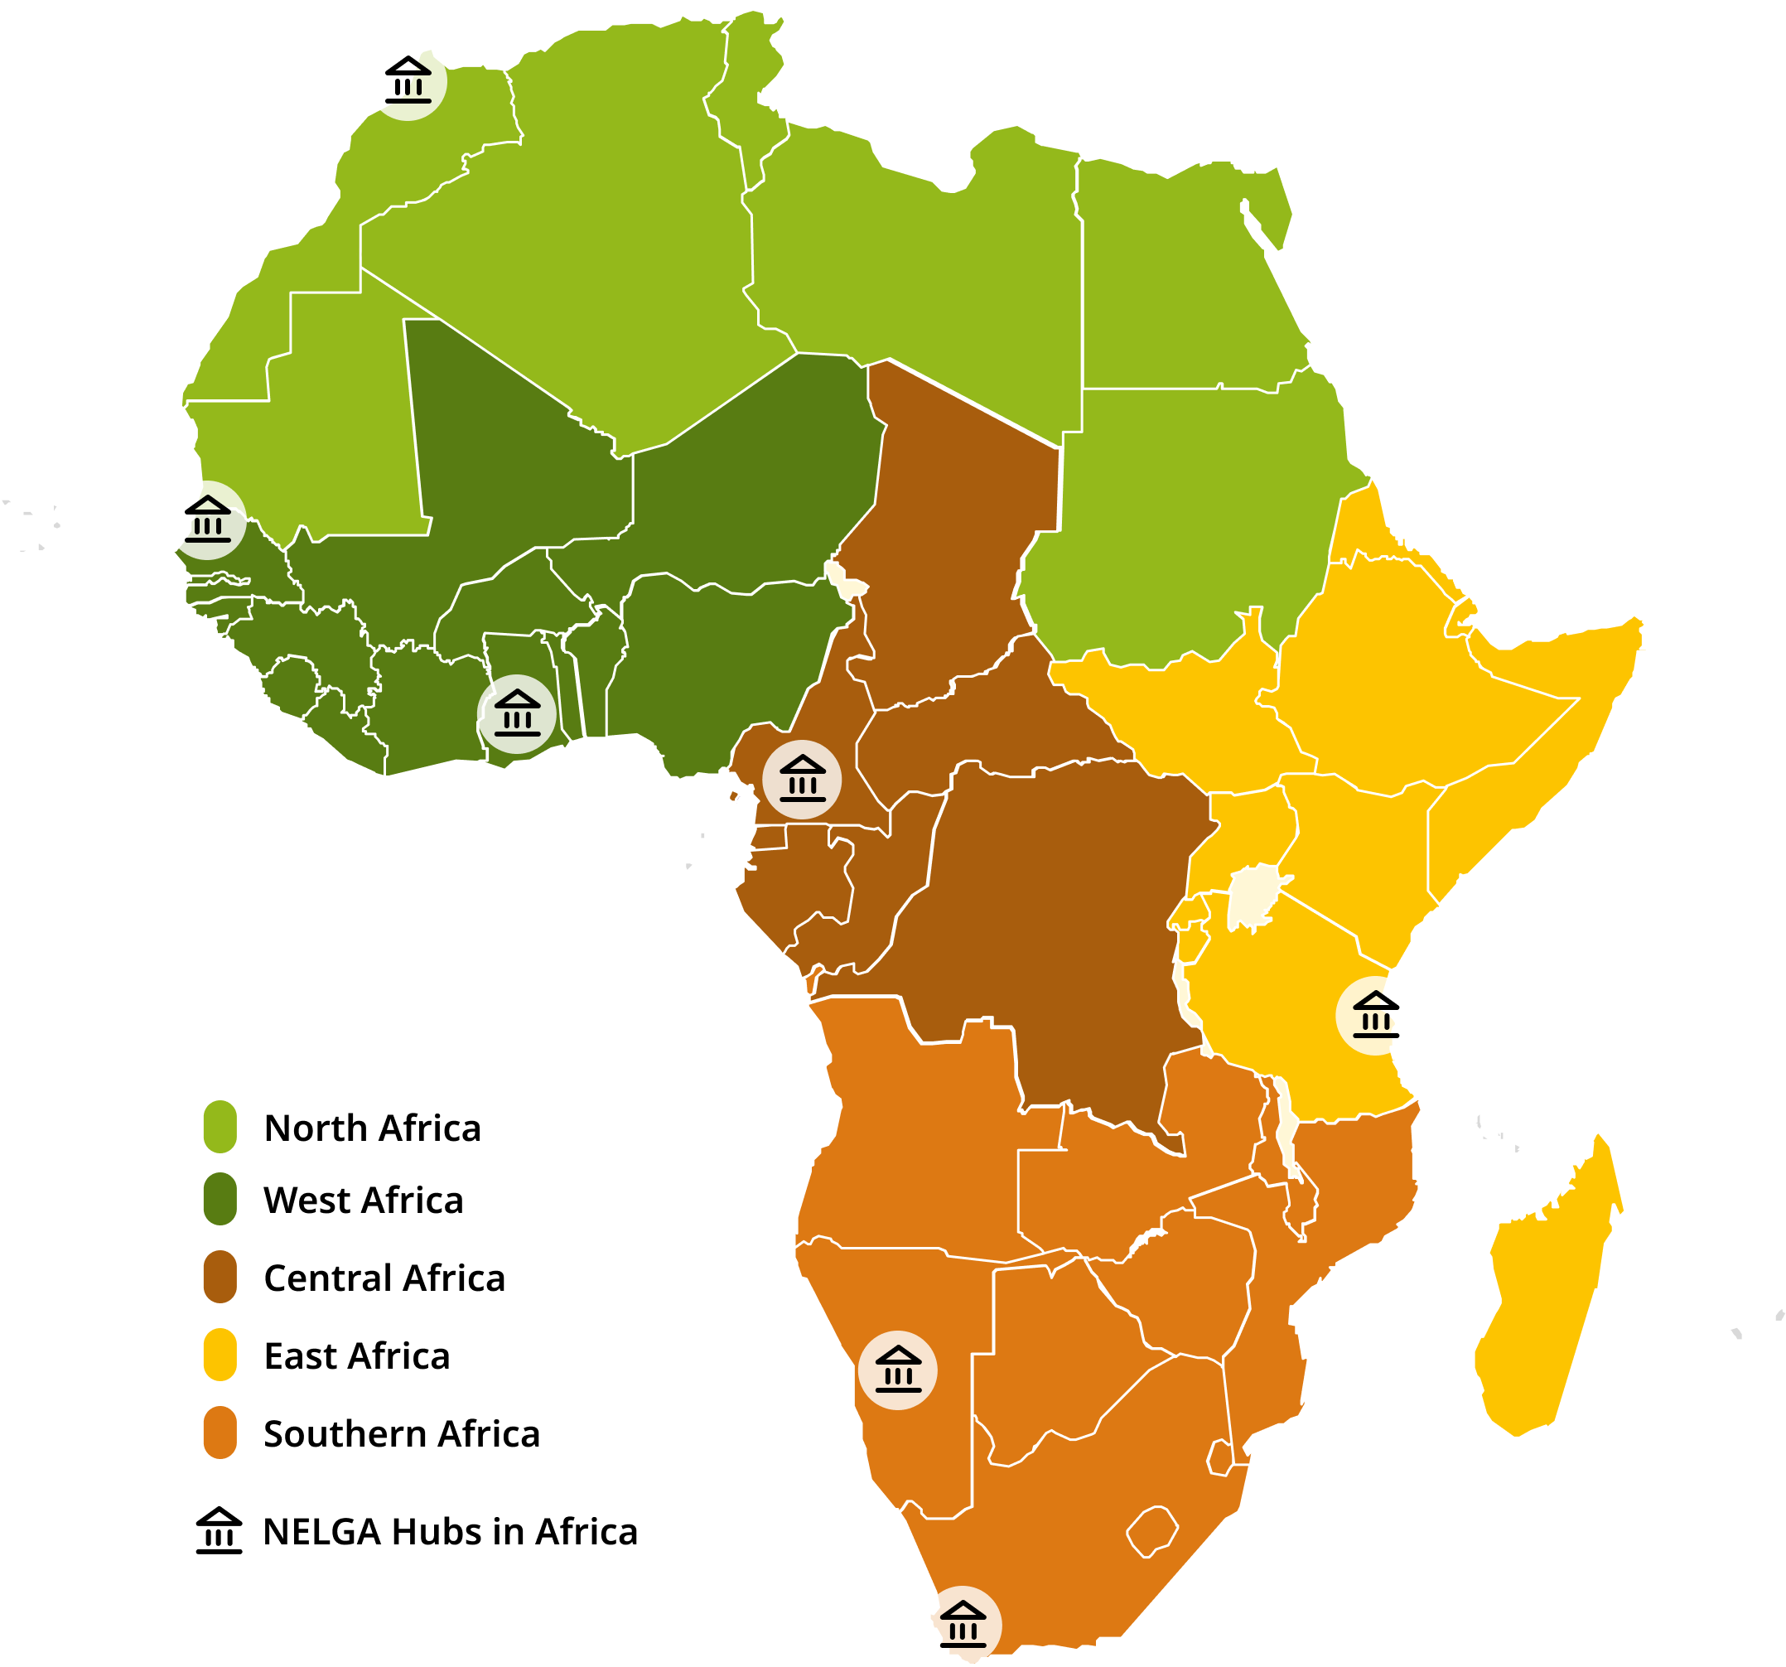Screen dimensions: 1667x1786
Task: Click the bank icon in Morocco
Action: (407, 81)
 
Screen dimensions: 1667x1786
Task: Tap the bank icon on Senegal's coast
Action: (206, 520)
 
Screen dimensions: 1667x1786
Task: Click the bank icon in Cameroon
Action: (802, 779)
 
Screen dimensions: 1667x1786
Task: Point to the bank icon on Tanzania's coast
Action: (1375, 1016)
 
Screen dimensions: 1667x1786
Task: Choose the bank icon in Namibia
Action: (897, 1370)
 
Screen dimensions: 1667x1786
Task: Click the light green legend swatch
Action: (220, 1126)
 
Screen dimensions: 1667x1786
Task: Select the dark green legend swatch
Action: (220, 1198)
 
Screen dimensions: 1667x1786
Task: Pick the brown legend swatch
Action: (220, 1276)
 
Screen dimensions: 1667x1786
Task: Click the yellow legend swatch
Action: (220, 1353)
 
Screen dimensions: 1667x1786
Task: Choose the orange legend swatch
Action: (220, 1432)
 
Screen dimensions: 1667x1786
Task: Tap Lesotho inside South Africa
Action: (1152, 1530)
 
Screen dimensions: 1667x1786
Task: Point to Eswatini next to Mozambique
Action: (1219, 1457)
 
